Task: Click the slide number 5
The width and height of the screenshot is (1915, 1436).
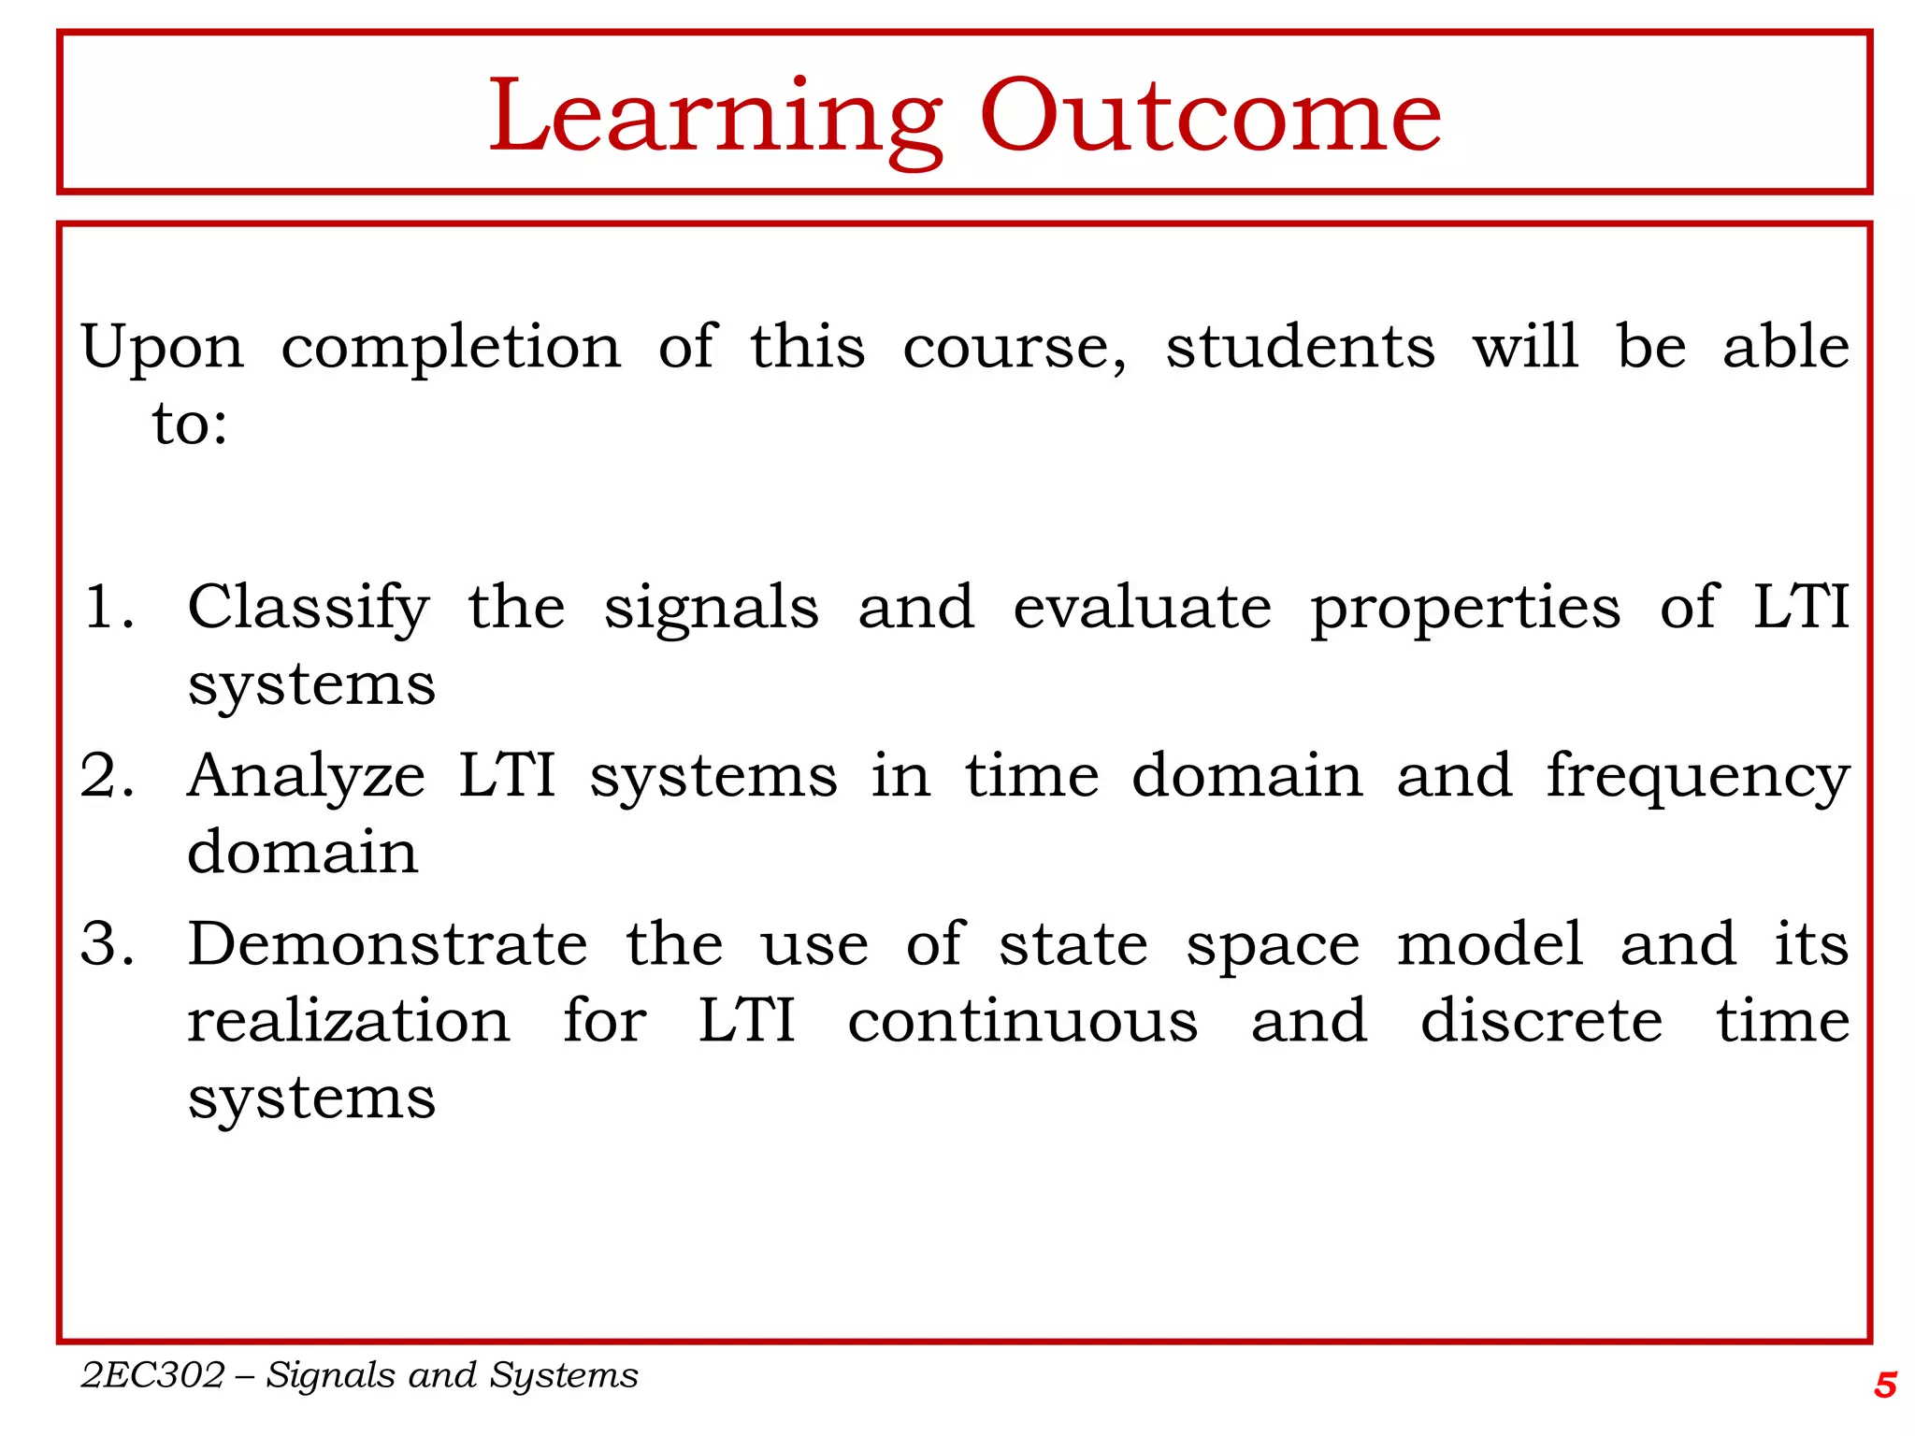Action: tap(1884, 1385)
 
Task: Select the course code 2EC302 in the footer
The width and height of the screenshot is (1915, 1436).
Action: tap(153, 1375)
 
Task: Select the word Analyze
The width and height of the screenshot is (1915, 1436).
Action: tap(306, 778)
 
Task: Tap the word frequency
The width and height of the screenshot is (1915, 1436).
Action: tap(1697, 778)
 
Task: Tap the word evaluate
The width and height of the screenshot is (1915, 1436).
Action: tap(1142, 607)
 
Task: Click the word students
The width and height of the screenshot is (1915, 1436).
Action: tap(1300, 347)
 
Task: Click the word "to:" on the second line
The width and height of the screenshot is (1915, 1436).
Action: tap(190, 424)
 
